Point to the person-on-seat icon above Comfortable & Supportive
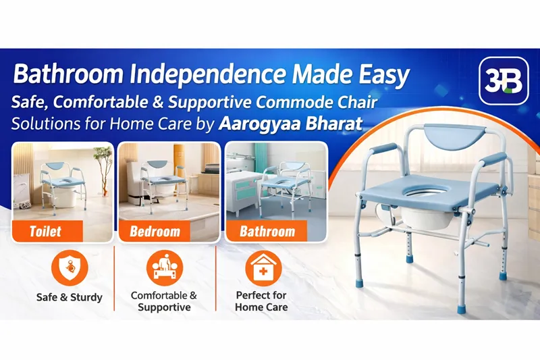pyautogui.click(x=164, y=267)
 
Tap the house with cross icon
pyautogui.click(x=261, y=267)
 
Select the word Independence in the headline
pyautogui.click(x=173, y=76)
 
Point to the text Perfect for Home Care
pyautogui.click(x=261, y=301)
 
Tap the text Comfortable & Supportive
pyautogui.click(x=164, y=301)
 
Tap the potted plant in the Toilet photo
pyautogui.click(x=103, y=169)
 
